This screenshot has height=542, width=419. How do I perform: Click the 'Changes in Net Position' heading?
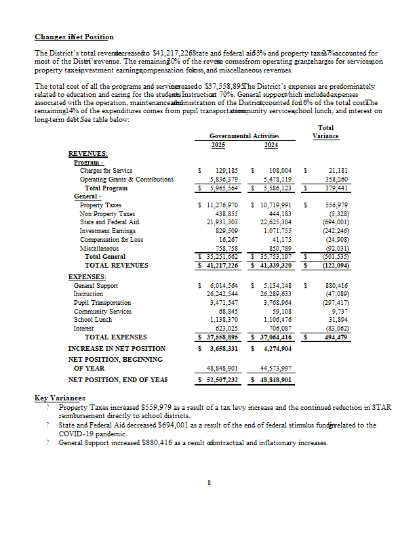click(74, 37)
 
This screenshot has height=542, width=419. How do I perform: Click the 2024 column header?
click(271, 144)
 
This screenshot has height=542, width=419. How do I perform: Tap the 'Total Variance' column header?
click(325, 132)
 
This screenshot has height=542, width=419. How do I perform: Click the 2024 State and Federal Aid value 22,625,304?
click(276, 222)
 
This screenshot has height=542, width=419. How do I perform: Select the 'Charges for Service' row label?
click(106, 171)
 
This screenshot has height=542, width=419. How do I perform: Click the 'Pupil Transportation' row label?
click(108, 303)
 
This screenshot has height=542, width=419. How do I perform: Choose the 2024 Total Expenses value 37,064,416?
click(276, 337)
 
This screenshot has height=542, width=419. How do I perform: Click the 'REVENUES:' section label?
click(88, 154)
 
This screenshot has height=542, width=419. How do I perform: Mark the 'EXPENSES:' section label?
click(87, 277)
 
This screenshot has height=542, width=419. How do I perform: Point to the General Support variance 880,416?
click(337, 286)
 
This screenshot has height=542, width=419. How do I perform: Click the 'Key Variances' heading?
click(60, 398)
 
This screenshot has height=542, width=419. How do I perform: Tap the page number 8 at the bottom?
click(209, 482)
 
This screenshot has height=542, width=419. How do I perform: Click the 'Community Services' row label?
click(106, 312)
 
